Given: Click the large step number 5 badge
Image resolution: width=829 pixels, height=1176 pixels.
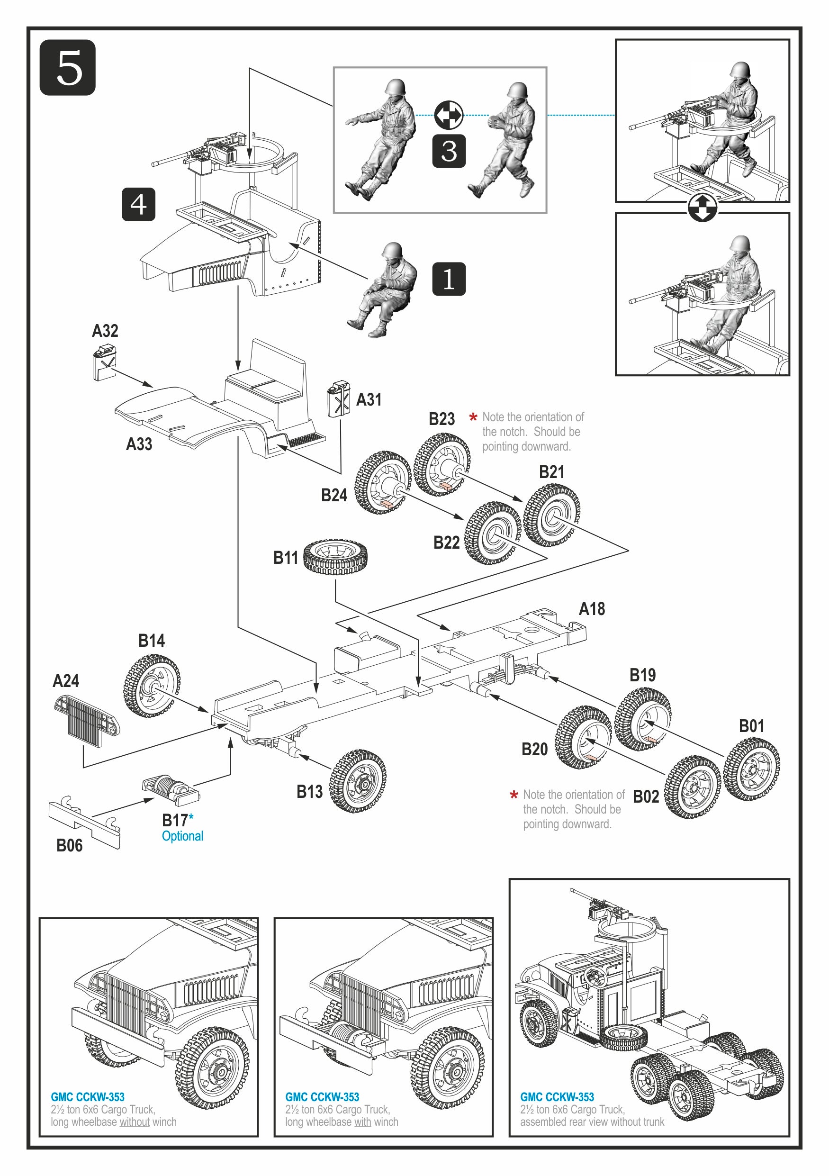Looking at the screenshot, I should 68,68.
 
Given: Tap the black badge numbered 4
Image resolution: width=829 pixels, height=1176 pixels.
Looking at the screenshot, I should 138,204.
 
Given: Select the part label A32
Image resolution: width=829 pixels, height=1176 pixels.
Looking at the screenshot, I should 105,331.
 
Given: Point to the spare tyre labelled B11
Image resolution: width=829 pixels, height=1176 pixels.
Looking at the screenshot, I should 335,557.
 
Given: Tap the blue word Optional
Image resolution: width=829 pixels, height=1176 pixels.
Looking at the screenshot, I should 182,836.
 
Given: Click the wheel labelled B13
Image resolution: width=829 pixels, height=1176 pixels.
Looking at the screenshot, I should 357,781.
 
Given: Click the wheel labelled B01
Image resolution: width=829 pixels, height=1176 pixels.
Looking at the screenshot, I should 751,769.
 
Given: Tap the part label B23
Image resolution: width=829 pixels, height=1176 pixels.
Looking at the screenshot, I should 442,419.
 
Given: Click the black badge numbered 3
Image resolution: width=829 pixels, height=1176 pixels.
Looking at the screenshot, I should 449,151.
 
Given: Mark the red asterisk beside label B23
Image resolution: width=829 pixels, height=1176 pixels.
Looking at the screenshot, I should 473,417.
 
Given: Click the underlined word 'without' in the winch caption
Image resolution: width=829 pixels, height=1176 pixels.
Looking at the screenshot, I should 135,1122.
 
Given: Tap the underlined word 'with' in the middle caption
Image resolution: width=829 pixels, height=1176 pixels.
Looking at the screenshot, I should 362,1122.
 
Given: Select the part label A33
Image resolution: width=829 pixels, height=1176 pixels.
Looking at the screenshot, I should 139,444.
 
